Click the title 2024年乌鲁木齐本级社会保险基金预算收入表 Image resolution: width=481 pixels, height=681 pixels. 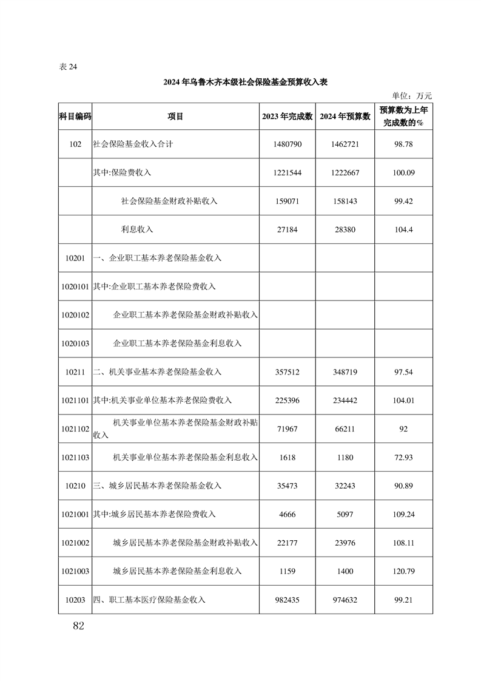pos(244,82)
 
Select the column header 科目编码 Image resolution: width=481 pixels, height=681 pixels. pos(75,117)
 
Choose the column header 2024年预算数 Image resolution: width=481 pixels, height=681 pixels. pos(345,117)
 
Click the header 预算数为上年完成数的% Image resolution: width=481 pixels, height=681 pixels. pos(403,117)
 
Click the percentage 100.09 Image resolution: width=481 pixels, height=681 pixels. pos(403,173)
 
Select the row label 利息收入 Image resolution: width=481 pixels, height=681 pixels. pos(137,229)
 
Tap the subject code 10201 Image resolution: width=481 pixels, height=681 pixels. pos(75,258)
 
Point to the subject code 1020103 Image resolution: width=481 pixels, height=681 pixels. pos(75,344)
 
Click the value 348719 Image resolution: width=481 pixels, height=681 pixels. pos(345,372)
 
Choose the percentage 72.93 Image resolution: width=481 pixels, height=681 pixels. pos(403,457)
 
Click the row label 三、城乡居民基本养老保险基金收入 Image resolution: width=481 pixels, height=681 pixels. pos(157,486)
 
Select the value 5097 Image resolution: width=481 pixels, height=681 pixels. pos(345,514)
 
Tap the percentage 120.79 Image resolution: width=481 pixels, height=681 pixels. pos(403,571)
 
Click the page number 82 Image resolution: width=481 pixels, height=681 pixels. pos(77,626)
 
